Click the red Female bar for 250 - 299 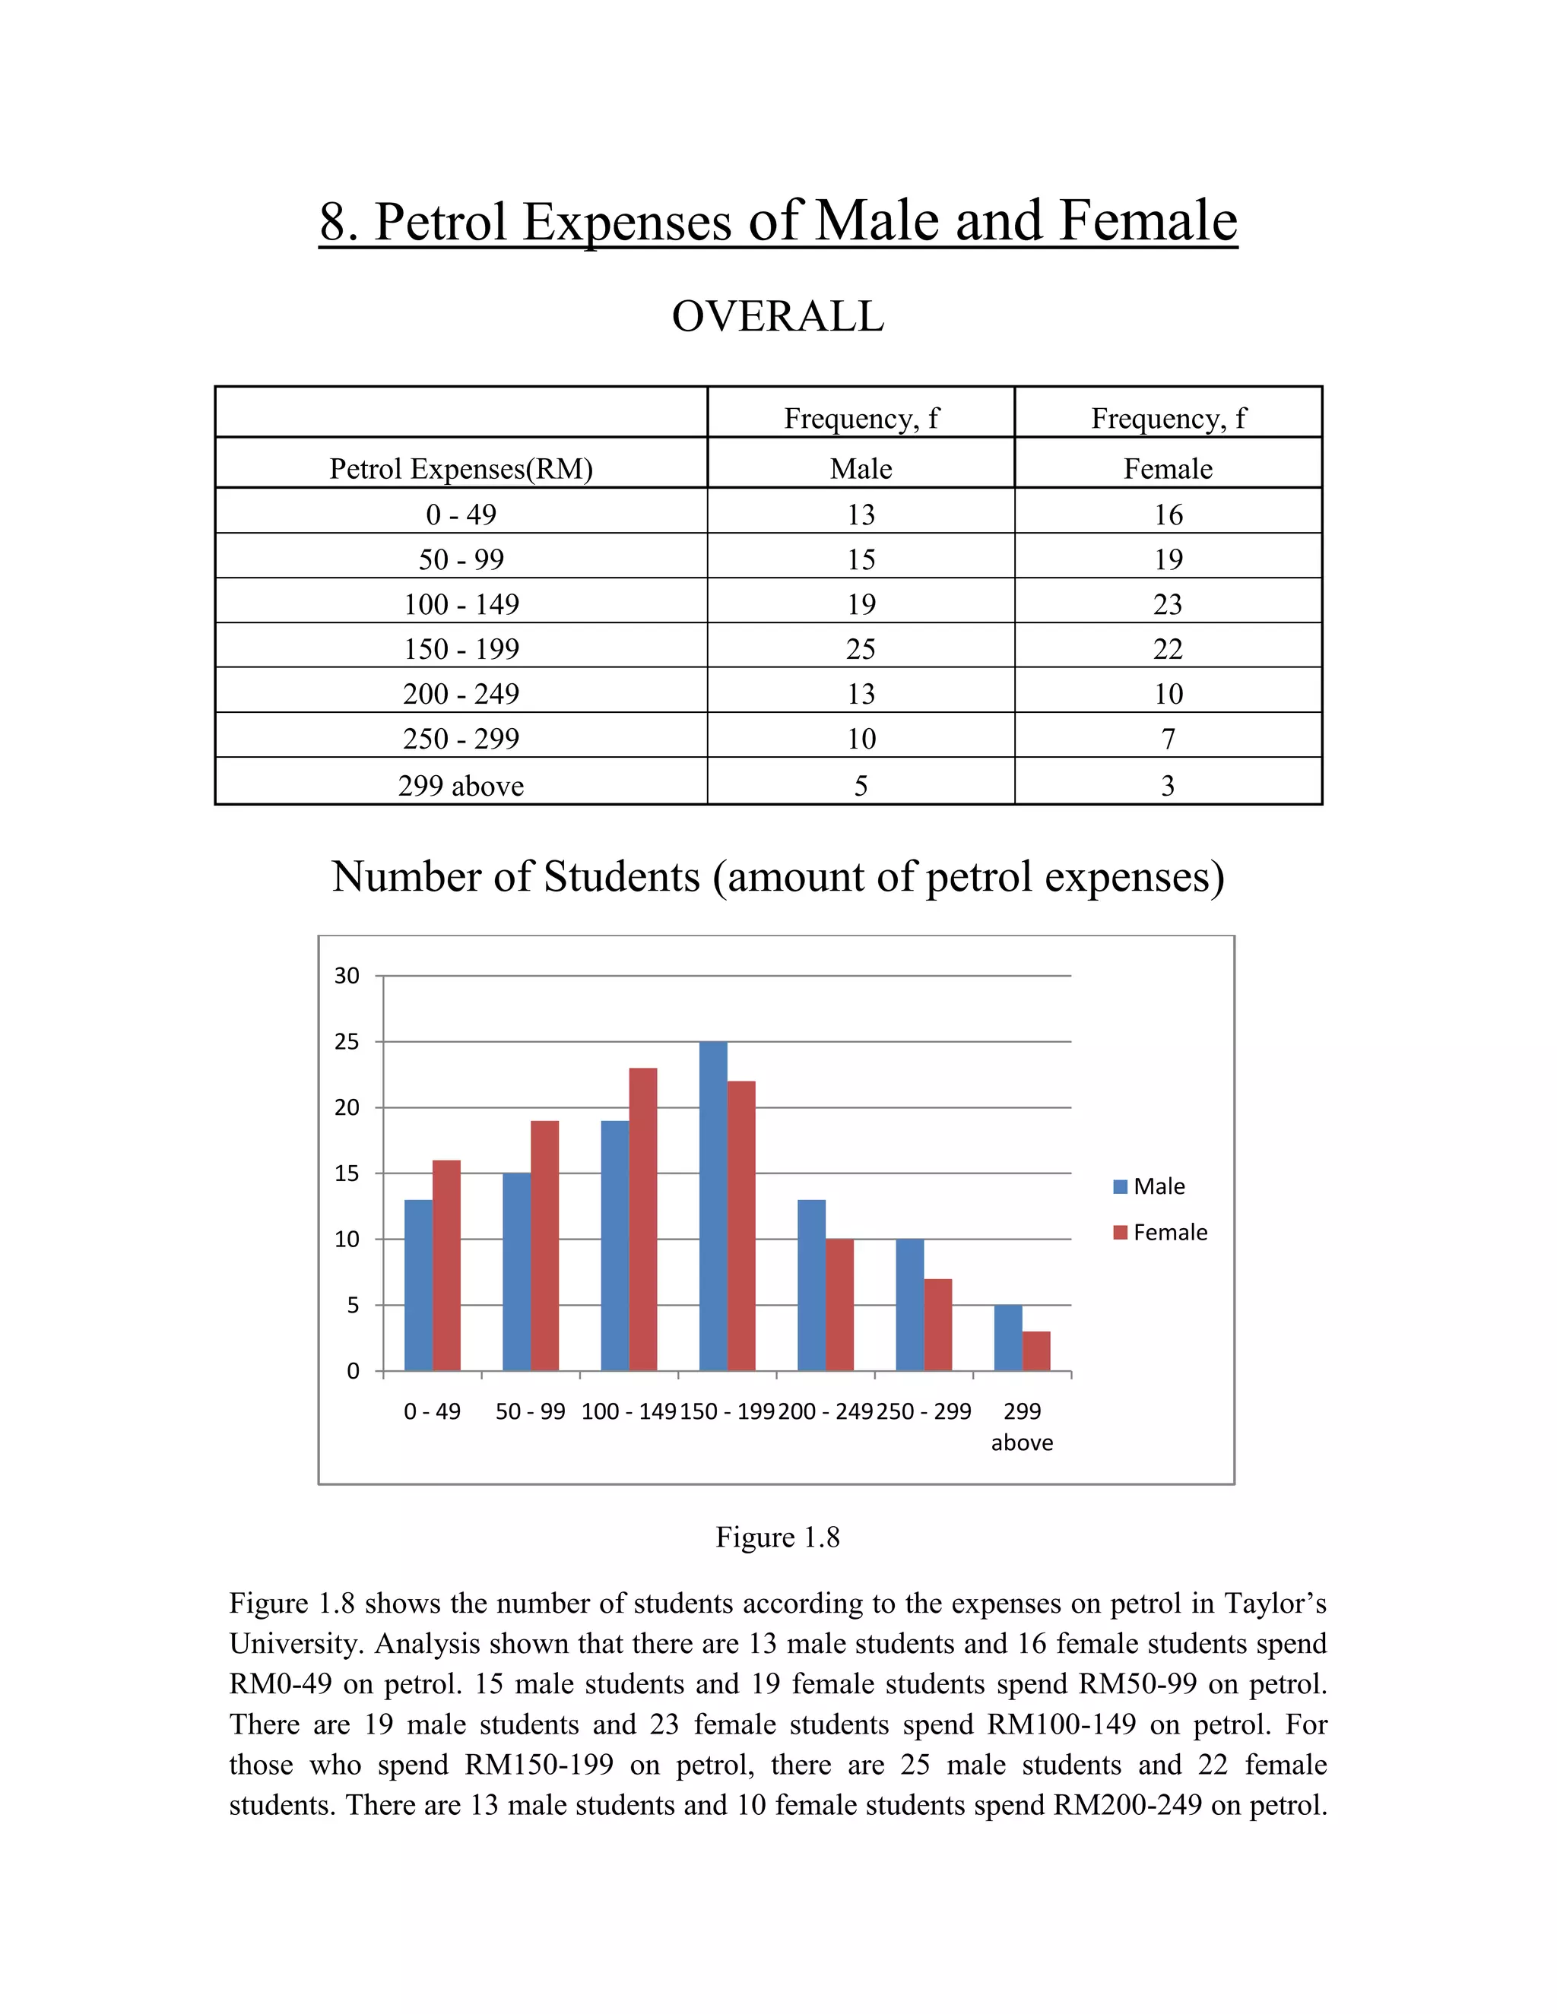pyautogui.click(x=938, y=1325)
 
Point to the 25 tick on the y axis pyautogui.click(x=347, y=1042)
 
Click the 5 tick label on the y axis pyautogui.click(x=352, y=1306)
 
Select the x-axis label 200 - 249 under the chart pyautogui.click(x=825, y=1412)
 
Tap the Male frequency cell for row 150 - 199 pyautogui.click(x=861, y=649)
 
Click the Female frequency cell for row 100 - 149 pyautogui.click(x=1168, y=605)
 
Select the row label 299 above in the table pyautogui.click(x=461, y=786)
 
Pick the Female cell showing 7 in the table pyautogui.click(x=1168, y=739)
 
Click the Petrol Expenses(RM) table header pyautogui.click(x=461, y=470)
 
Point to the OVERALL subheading pyautogui.click(x=778, y=316)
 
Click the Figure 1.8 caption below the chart pyautogui.click(x=778, y=1537)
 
